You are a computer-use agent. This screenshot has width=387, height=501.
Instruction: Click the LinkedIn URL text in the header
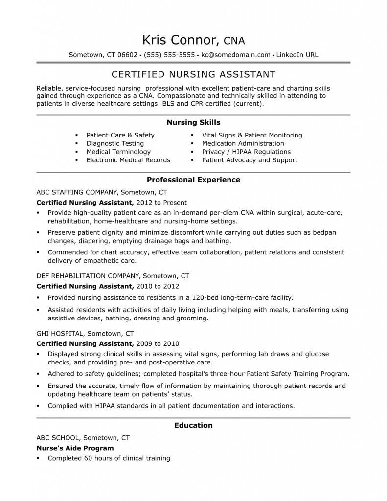pyautogui.click(x=297, y=55)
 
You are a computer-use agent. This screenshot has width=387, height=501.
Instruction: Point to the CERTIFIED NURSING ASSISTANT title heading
pyautogui.click(x=193, y=74)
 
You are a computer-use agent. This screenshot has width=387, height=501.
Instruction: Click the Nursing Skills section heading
pyautogui.click(x=193, y=122)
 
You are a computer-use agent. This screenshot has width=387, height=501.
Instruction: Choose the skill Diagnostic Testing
pyautogui.click(x=115, y=143)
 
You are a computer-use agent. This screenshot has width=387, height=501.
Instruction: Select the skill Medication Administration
pyautogui.click(x=243, y=143)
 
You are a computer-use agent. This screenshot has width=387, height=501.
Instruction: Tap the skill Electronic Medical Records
pyautogui.click(x=128, y=160)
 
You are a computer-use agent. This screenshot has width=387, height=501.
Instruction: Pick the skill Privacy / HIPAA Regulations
pyautogui.click(x=246, y=152)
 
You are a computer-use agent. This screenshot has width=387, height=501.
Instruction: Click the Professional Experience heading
pyautogui.click(x=193, y=180)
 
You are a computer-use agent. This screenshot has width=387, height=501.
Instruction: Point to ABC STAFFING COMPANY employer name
pyautogui.click(x=77, y=192)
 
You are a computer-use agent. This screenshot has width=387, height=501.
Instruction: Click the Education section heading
pyautogui.click(x=193, y=425)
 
